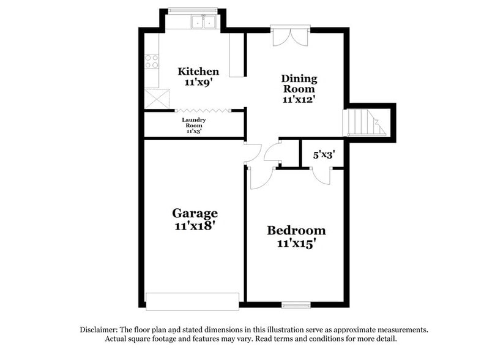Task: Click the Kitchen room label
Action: [x=198, y=72]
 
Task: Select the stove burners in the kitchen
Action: [x=152, y=61]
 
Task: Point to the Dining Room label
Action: [x=299, y=83]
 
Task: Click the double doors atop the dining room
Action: [x=291, y=36]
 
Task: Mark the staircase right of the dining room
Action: [x=365, y=122]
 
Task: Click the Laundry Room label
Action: [x=194, y=125]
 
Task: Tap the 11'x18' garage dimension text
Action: [x=195, y=225]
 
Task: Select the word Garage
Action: [x=195, y=213]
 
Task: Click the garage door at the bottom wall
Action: [x=192, y=301]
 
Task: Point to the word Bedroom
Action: [x=296, y=231]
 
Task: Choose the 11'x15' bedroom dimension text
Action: [x=296, y=243]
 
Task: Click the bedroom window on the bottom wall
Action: [x=296, y=304]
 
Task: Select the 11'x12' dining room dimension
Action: [x=299, y=99]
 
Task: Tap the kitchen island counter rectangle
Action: [x=236, y=54]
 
